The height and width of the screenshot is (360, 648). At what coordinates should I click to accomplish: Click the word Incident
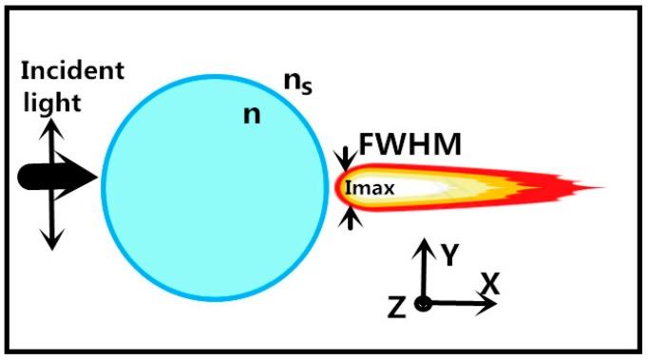(x=72, y=71)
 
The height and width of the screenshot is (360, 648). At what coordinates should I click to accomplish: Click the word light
(x=47, y=101)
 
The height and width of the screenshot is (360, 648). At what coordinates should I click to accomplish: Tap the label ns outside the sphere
(x=298, y=85)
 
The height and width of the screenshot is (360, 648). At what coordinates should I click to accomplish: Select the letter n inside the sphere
(x=252, y=114)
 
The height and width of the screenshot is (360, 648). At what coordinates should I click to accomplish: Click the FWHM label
(x=410, y=146)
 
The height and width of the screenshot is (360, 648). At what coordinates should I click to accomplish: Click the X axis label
(x=490, y=283)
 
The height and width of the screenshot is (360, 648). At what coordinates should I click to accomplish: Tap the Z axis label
(x=398, y=306)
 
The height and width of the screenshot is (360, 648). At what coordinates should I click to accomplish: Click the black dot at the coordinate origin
(x=424, y=304)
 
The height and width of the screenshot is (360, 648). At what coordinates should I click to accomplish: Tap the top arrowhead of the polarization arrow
(x=51, y=123)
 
